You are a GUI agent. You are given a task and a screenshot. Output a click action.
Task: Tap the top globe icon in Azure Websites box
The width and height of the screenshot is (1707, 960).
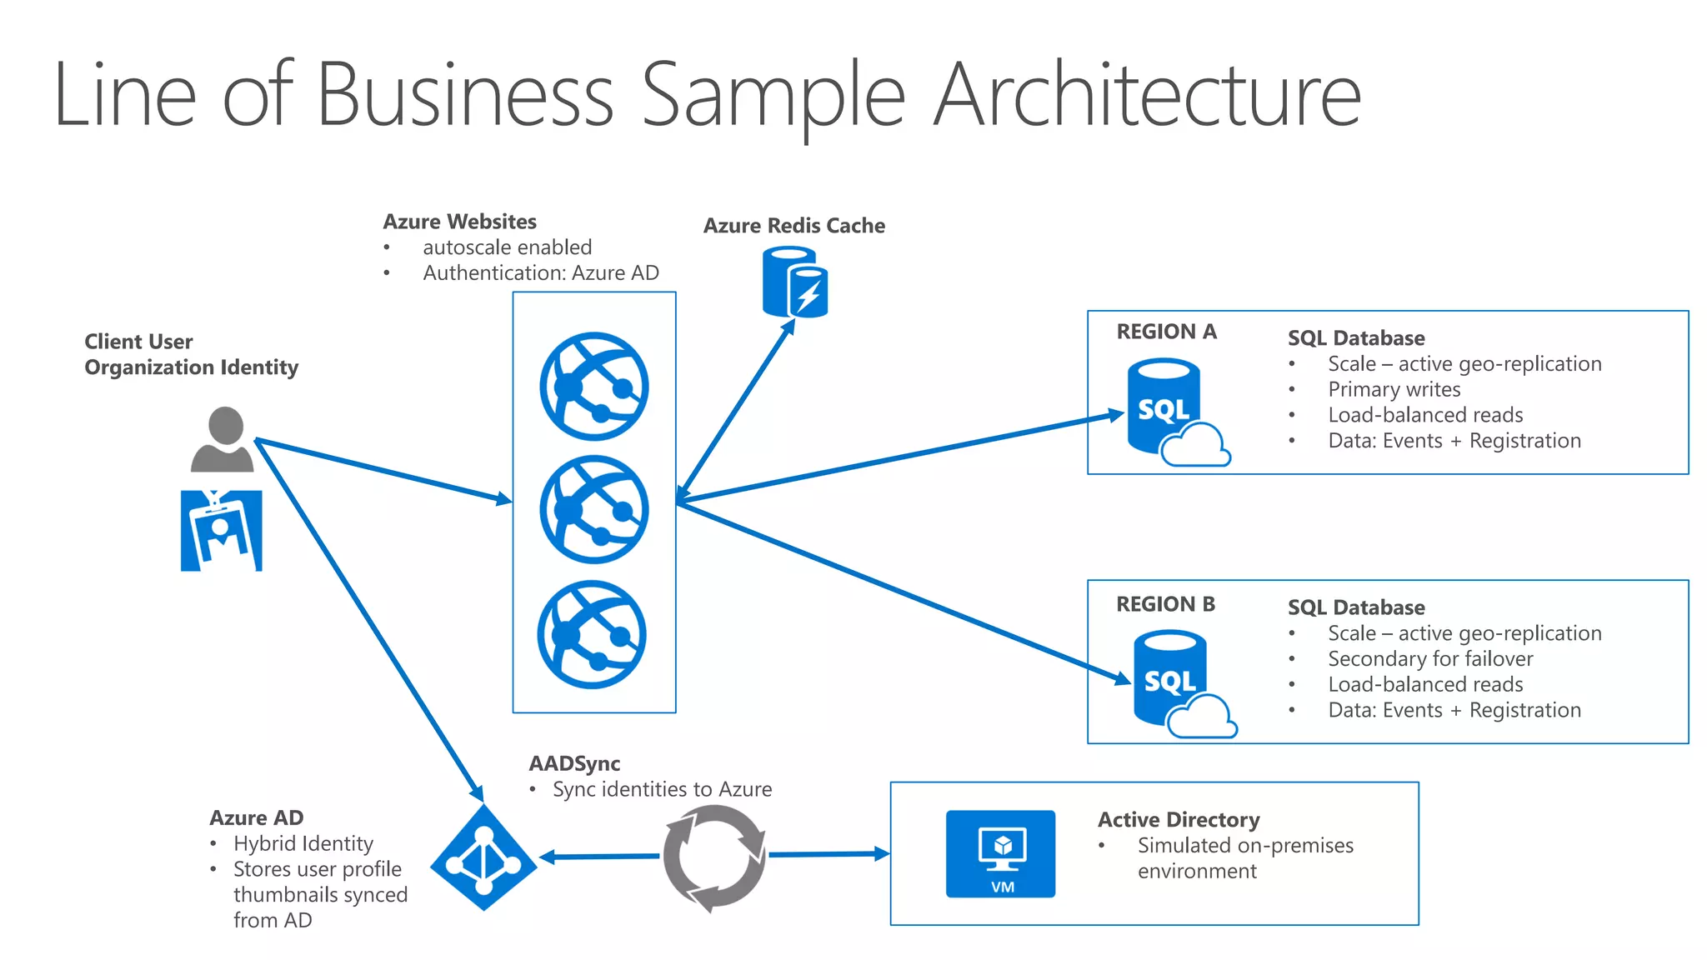[593, 387]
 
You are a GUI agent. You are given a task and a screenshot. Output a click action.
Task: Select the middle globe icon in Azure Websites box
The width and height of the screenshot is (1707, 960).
[593, 509]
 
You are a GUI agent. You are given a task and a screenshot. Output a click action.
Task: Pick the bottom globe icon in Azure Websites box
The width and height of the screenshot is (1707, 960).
[592, 634]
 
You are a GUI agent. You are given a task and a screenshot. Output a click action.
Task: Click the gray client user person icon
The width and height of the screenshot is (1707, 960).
[223, 440]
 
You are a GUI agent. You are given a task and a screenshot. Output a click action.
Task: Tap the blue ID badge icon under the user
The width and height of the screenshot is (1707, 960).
[222, 531]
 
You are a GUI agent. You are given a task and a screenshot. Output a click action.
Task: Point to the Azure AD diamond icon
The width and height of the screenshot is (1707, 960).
[483, 857]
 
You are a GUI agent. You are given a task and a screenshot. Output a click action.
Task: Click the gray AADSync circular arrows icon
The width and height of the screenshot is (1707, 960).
[714, 857]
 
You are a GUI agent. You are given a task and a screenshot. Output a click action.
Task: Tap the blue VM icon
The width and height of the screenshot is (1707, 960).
[1000, 853]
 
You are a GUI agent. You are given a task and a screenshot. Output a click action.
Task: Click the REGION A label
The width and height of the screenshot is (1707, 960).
[1166, 332]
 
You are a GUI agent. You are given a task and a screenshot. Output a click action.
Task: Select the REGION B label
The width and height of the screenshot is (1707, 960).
[1165, 604]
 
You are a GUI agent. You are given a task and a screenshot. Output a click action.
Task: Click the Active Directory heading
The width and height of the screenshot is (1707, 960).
[1178, 820]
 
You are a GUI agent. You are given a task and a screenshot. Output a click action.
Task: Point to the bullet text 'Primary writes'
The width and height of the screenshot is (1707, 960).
[1394, 389]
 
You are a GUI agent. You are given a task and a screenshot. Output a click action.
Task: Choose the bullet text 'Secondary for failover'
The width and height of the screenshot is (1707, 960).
[1430, 658]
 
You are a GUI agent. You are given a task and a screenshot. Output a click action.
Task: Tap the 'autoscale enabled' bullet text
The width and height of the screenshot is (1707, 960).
[507, 247]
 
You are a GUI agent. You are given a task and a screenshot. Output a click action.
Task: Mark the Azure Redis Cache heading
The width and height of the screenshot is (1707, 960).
[793, 226]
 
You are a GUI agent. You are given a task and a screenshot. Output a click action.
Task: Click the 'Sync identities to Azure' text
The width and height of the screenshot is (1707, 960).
[662, 789]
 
